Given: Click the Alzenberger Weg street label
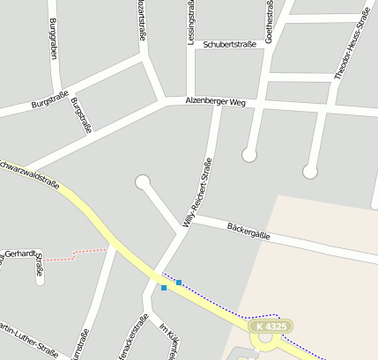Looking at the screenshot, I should pyautogui.click(x=214, y=102).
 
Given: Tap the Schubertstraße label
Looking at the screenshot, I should pyautogui.click(x=229, y=43).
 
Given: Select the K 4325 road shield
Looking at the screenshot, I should pyautogui.click(x=270, y=327).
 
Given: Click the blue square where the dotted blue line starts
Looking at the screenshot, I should pyautogui.click(x=179, y=282).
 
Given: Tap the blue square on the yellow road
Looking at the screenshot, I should pyautogui.click(x=163, y=287).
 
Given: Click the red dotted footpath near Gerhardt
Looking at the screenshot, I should pyautogui.click(x=75, y=255).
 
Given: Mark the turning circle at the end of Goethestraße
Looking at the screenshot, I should pyautogui.click(x=249, y=155).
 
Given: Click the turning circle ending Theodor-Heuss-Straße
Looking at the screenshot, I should pyautogui.click(x=310, y=171).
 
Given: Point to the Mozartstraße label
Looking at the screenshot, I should pyautogui.click(x=141, y=19).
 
